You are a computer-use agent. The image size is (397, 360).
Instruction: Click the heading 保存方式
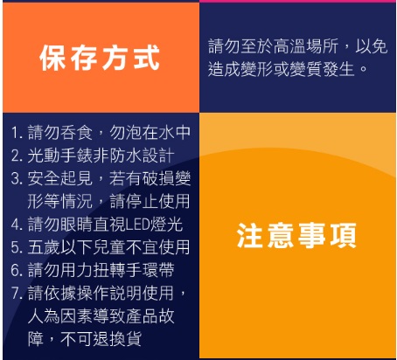100,58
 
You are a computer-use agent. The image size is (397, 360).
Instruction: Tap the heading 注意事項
296,235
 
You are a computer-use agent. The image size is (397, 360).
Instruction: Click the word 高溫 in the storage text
289,46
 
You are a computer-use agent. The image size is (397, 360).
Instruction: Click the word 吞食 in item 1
76,133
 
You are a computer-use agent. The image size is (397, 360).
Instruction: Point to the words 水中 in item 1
174,133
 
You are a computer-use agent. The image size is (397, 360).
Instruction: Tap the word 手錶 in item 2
76,156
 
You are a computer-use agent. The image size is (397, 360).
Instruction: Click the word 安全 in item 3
44,178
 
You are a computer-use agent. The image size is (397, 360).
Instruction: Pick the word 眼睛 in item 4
76,225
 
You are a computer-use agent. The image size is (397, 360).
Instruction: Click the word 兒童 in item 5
109,247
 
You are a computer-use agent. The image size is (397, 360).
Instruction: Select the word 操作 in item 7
93,293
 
